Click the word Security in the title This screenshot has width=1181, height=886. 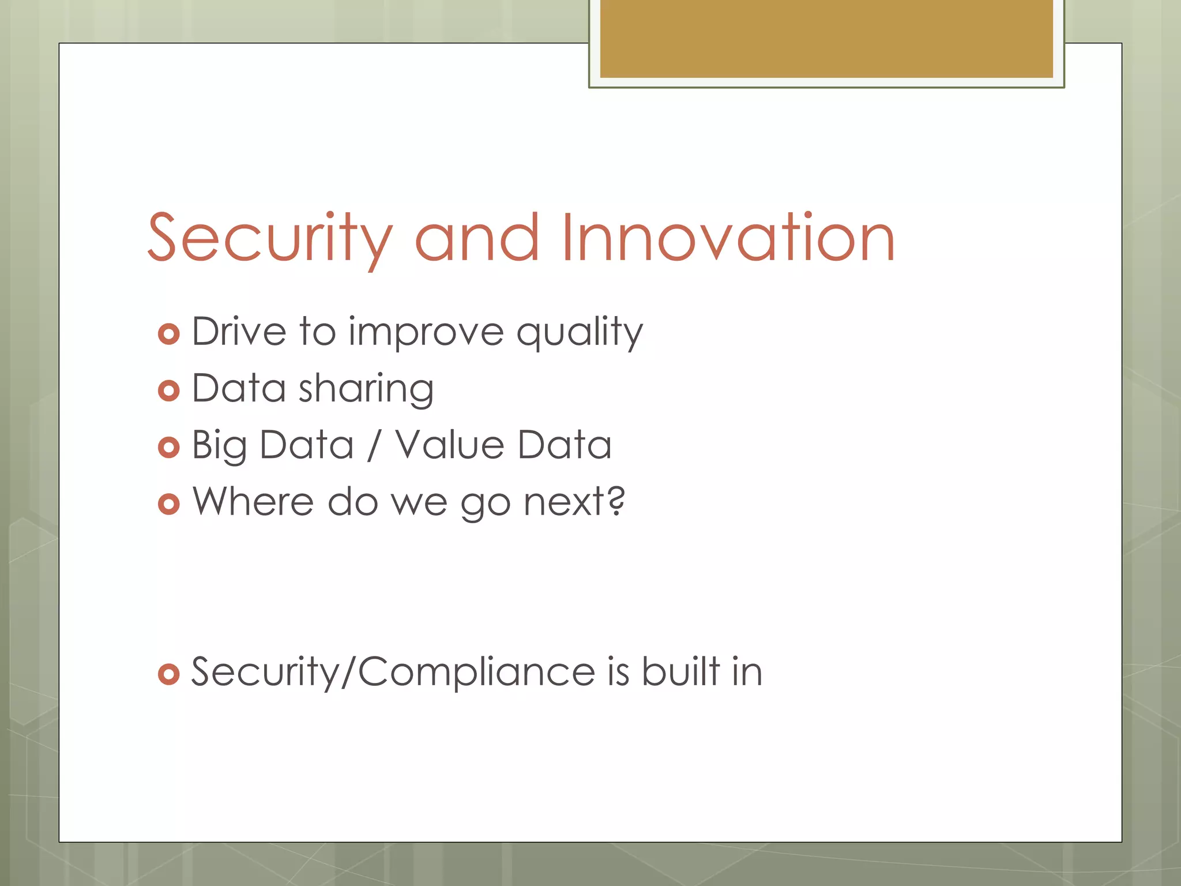(x=270, y=238)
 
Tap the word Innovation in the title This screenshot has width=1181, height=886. (x=727, y=238)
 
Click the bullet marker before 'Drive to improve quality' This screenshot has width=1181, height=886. (x=168, y=334)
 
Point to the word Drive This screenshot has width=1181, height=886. (x=239, y=332)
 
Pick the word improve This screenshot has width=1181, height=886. (x=426, y=333)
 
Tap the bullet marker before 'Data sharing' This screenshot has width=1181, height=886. (x=168, y=391)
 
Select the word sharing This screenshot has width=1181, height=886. (x=366, y=390)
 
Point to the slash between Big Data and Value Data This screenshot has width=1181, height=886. (x=374, y=446)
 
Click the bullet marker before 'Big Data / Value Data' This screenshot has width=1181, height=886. (x=168, y=447)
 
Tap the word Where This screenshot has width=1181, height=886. (x=253, y=501)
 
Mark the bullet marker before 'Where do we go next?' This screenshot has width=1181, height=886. (x=168, y=504)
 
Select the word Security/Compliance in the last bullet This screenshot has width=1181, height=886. (x=393, y=672)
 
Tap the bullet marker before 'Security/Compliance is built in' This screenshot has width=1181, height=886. (x=168, y=674)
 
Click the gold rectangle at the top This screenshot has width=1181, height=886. (x=826, y=39)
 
